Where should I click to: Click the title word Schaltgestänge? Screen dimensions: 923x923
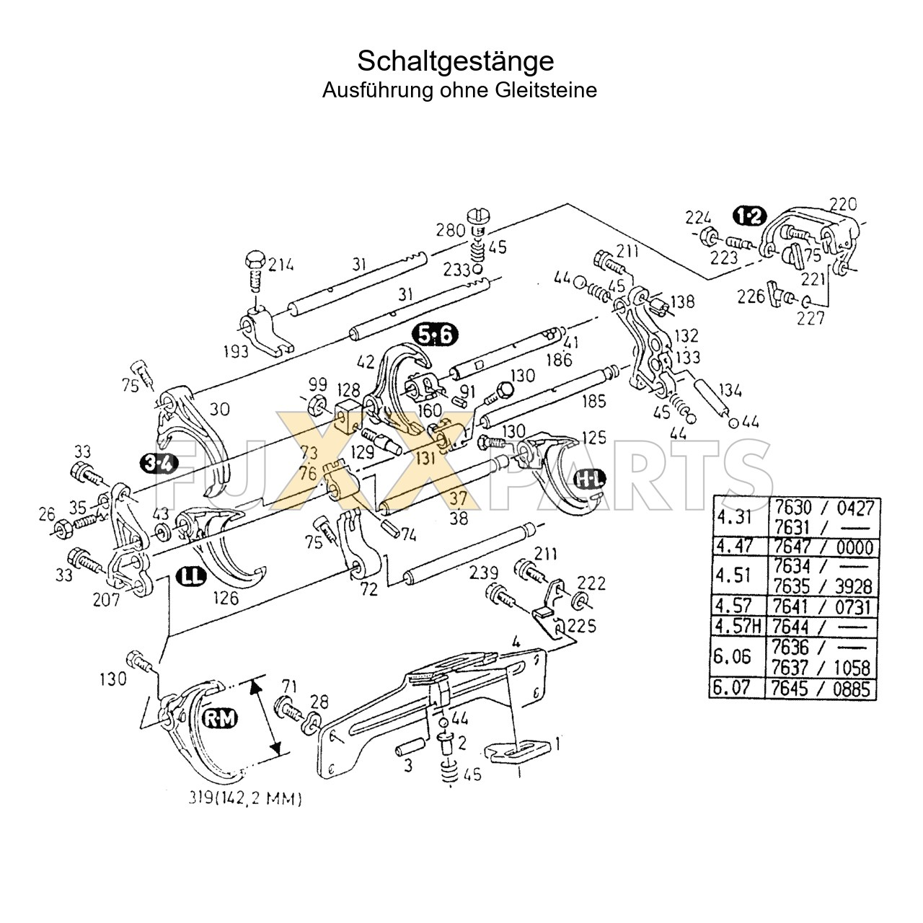click(x=456, y=61)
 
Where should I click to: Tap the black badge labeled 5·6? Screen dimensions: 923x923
click(x=436, y=335)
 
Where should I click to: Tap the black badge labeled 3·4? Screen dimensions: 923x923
click(x=159, y=464)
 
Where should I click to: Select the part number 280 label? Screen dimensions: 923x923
click(x=450, y=230)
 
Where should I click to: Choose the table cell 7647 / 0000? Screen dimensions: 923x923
click(x=822, y=545)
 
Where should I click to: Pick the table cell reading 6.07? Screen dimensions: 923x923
click(x=731, y=688)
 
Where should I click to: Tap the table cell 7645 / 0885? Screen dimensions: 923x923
click(x=822, y=688)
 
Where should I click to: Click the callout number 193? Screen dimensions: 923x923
click(x=236, y=351)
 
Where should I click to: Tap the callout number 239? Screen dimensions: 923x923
click(x=483, y=573)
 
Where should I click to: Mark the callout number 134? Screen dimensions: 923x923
click(x=730, y=392)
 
